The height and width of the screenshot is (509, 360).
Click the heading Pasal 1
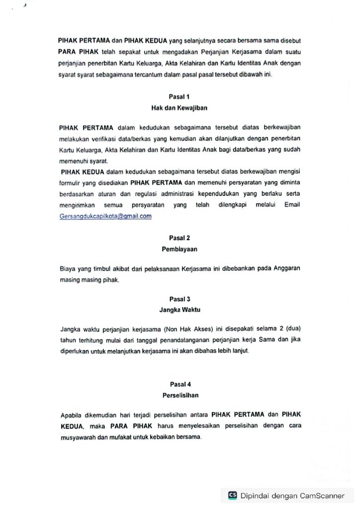[x=180, y=96]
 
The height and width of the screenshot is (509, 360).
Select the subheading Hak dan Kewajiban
[x=180, y=107]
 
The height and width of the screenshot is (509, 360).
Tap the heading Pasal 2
[x=180, y=238]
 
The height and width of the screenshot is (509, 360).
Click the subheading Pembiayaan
[x=180, y=249]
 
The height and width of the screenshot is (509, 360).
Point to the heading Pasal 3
[x=180, y=299]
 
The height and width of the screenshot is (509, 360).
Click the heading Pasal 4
[x=180, y=384]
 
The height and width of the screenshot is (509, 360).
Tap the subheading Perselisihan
[x=180, y=395]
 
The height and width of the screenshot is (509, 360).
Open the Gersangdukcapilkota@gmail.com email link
[x=105, y=216]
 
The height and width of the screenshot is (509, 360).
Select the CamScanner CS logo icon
[x=232, y=495]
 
